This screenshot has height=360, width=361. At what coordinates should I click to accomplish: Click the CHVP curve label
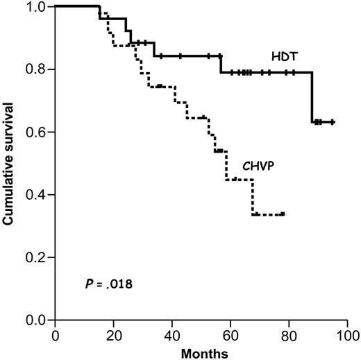coord(258,166)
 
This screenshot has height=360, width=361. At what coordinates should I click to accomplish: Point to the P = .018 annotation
coord(99,284)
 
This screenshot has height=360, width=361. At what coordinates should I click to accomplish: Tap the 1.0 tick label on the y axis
coord(37,7)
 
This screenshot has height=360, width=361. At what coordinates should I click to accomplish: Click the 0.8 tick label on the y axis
coord(37,69)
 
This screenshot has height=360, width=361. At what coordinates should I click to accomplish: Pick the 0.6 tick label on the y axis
coord(37,132)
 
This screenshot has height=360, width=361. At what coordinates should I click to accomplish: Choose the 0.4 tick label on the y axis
coord(37,195)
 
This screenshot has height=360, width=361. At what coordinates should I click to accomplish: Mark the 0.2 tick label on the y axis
coord(37,257)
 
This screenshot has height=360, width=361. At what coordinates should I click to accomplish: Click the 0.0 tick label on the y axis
coord(37,320)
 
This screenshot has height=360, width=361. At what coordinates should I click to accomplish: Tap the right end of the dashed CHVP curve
coord(284,214)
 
